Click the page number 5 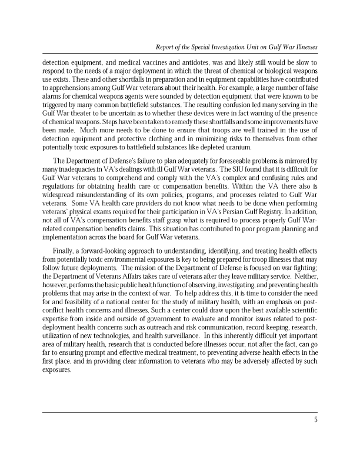coord(316,420)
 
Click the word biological coord(275,71)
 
